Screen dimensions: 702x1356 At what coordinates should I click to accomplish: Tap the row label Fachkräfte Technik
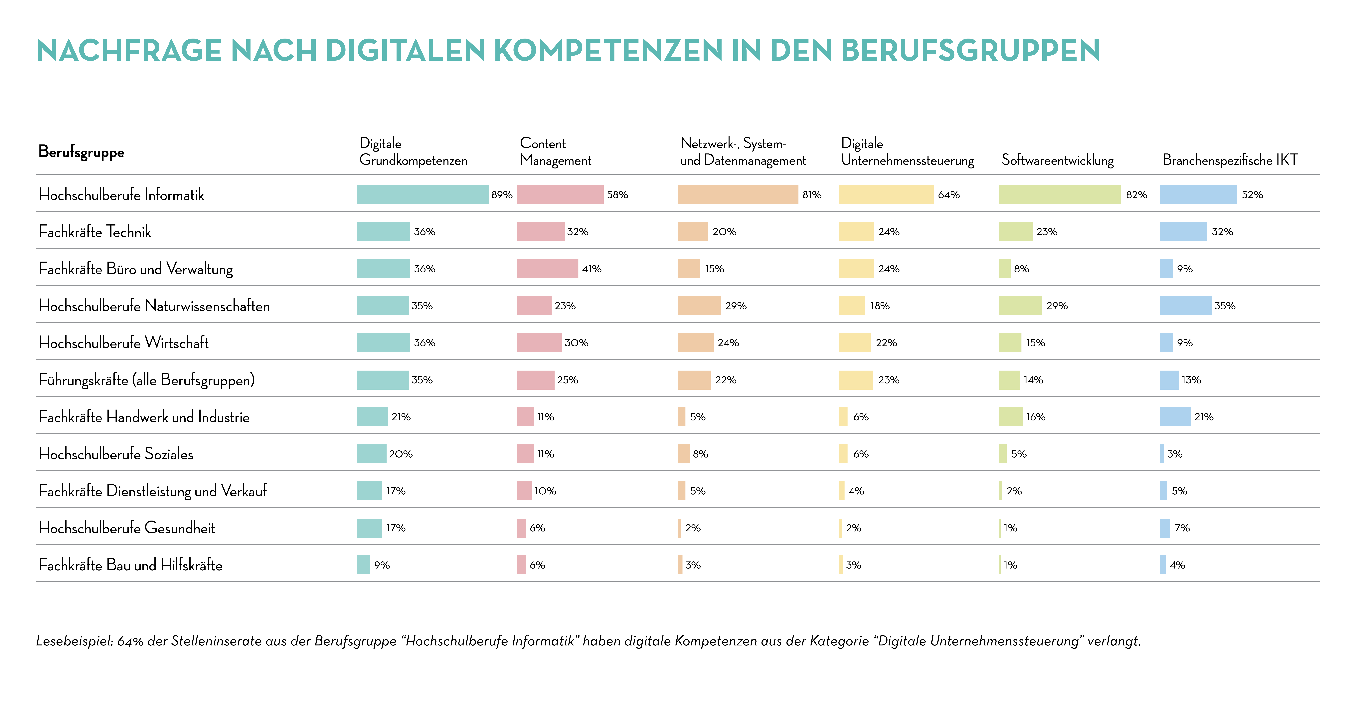pos(95,232)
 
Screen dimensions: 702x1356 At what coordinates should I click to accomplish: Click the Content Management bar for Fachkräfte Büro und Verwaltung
pos(547,269)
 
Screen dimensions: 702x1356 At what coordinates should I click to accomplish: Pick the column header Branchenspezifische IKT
pos(1230,160)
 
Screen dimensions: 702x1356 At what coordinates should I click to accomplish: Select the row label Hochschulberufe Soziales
pos(116,454)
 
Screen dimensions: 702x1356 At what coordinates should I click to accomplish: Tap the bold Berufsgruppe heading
pos(82,152)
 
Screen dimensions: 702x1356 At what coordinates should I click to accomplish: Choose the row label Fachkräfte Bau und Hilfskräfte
pos(131,565)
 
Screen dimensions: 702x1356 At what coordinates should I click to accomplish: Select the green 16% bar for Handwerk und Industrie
pos(1011,417)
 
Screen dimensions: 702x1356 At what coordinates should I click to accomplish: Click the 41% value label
pos(592,269)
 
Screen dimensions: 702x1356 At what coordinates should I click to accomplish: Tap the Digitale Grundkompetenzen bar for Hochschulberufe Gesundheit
pos(369,528)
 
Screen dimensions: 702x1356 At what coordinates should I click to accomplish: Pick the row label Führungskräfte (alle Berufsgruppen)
pos(146,380)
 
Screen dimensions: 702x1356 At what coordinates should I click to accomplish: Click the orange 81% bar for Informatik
pos(738,194)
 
